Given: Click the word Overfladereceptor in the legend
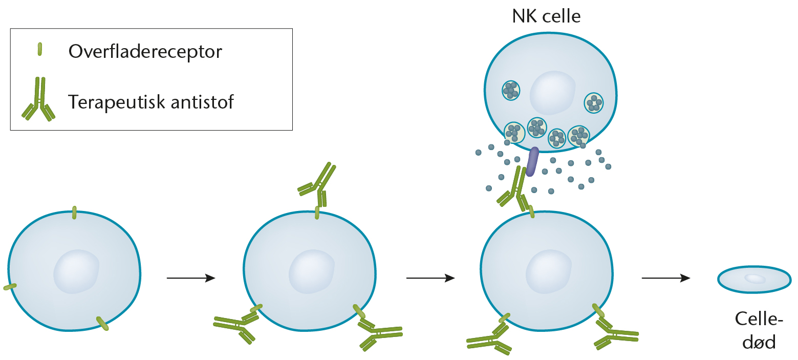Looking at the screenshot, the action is pyautogui.click(x=145, y=52).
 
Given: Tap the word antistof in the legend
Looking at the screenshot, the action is pyautogui.click(x=202, y=102).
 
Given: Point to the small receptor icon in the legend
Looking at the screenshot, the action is pyautogui.click(x=40, y=49).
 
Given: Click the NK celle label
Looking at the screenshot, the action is pyautogui.click(x=546, y=16).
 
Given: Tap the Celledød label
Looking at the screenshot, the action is pyautogui.click(x=759, y=330).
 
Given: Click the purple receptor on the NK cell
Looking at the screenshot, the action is pyautogui.click(x=532, y=161).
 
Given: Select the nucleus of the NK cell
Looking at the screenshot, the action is pyautogui.click(x=552, y=93).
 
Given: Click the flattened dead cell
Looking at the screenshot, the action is pyautogui.click(x=754, y=280).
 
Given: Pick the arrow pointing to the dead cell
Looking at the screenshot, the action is pyautogui.click(x=666, y=278).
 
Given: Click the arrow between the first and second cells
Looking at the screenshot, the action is pyautogui.click(x=191, y=278).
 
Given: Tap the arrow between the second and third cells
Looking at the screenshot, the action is pyautogui.click(x=430, y=278).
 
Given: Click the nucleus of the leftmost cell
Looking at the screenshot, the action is pyautogui.click(x=76, y=271).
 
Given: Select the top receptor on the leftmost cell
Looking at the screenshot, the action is pyautogui.click(x=74, y=213).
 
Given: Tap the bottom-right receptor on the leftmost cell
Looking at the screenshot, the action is pyautogui.click(x=102, y=323).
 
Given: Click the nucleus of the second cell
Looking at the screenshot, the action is pyautogui.click(x=311, y=271).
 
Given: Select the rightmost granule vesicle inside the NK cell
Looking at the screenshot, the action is pyautogui.click(x=594, y=102).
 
